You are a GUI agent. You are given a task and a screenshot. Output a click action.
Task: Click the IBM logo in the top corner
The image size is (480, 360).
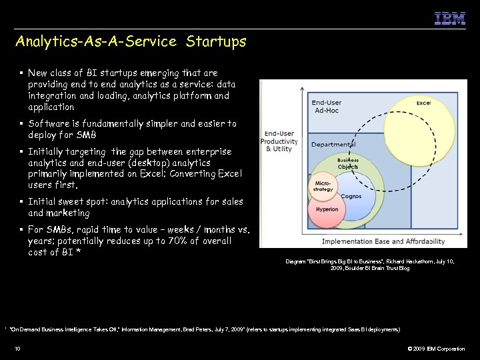(x=450, y=19)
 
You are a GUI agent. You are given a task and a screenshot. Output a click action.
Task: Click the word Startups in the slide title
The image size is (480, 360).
(x=216, y=41)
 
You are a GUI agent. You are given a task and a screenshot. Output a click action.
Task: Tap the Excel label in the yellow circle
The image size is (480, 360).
(x=423, y=103)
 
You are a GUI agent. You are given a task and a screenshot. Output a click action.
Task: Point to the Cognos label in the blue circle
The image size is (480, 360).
(x=351, y=197)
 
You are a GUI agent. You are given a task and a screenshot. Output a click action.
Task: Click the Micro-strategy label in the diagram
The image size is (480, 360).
(x=323, y=185)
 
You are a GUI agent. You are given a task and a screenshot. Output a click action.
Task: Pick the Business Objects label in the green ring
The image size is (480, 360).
(x=347, y=163)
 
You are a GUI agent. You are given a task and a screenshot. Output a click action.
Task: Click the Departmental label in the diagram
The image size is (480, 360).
(x=333, y=144)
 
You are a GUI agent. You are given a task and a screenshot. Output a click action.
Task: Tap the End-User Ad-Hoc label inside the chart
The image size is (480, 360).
(x=327, y=107)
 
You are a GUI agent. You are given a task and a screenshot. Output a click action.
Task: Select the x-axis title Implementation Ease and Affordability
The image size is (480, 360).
(x=383, y=241)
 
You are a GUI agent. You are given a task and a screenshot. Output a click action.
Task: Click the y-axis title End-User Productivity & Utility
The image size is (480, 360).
(x=279, y=141)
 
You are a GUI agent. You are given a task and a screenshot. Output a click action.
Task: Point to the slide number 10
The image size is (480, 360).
(x=17, y=349)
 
